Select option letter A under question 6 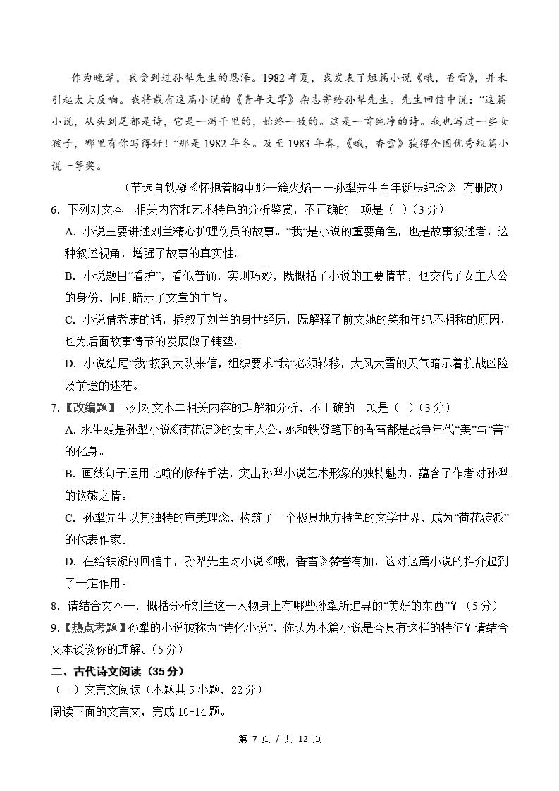69,231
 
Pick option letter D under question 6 69,364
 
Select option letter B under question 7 69,474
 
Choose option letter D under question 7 69,562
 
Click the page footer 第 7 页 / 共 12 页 280,738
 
